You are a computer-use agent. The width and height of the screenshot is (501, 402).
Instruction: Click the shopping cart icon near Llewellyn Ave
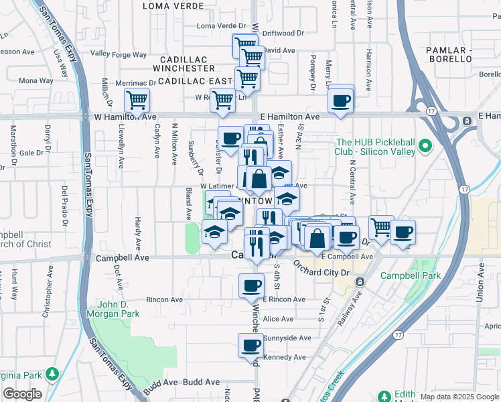click(137, 100)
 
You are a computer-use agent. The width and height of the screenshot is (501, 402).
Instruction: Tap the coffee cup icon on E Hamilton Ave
click(341, 100)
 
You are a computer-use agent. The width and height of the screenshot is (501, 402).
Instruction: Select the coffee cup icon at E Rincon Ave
click(252, 285)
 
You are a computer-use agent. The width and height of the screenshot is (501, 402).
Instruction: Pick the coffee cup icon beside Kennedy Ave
click(250, 346)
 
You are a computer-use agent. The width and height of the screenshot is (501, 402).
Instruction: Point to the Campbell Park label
click(411, 275)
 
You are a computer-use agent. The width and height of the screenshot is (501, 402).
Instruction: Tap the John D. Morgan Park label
click(111, 308)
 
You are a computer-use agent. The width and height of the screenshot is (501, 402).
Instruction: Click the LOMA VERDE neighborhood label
click(173, 6)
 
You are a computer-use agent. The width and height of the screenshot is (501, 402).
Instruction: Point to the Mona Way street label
click(36, 81)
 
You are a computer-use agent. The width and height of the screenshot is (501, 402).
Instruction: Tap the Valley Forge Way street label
click(119, 54)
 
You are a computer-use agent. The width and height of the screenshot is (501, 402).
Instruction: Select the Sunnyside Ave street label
click(287, 338)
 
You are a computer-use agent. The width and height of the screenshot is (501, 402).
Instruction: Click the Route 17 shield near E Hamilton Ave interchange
click(431, 111)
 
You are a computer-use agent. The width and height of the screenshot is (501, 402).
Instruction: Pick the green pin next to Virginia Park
click(51, 373)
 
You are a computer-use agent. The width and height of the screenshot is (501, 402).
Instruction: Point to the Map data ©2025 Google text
click(459, 397)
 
